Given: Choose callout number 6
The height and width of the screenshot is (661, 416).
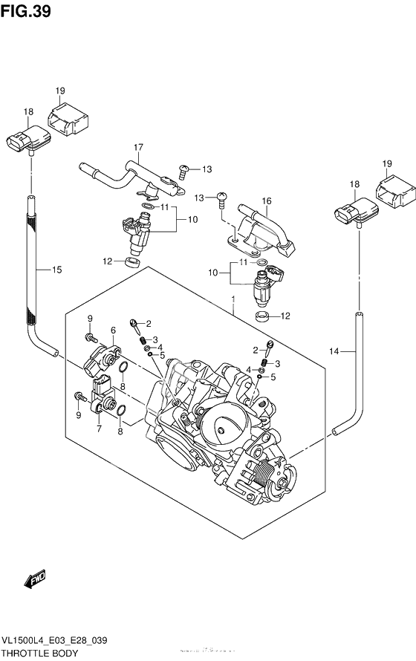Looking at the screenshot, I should [114, 330].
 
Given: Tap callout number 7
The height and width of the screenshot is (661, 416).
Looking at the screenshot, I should [98, 429].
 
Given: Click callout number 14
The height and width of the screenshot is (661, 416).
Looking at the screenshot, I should [334, 350].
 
